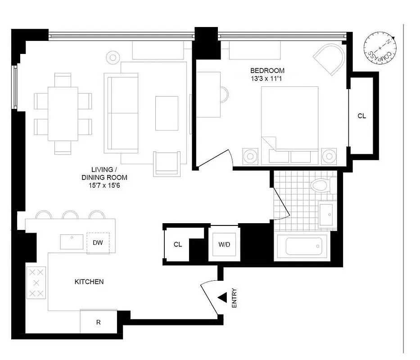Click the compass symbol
click(x=381, y=48)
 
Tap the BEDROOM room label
click(x=267, y=71)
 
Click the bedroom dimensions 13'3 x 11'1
click(x=267, y=79)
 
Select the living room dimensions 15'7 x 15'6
click(x=104, y=184)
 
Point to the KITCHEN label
click(x=89, y=282)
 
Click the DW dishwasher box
click(x=98, y=243)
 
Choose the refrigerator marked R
click(x=98, y=322)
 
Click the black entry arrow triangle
click(x=222, y=297)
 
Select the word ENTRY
click(x=234, y=298)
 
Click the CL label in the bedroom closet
click(x=361, y=116)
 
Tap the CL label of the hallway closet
click(x=178, y=244)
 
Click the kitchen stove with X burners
click(x=36, y=283)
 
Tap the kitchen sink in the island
click(x=72, y=241)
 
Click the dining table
click(x=63, y=113)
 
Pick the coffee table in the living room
click(x=167, y=113)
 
